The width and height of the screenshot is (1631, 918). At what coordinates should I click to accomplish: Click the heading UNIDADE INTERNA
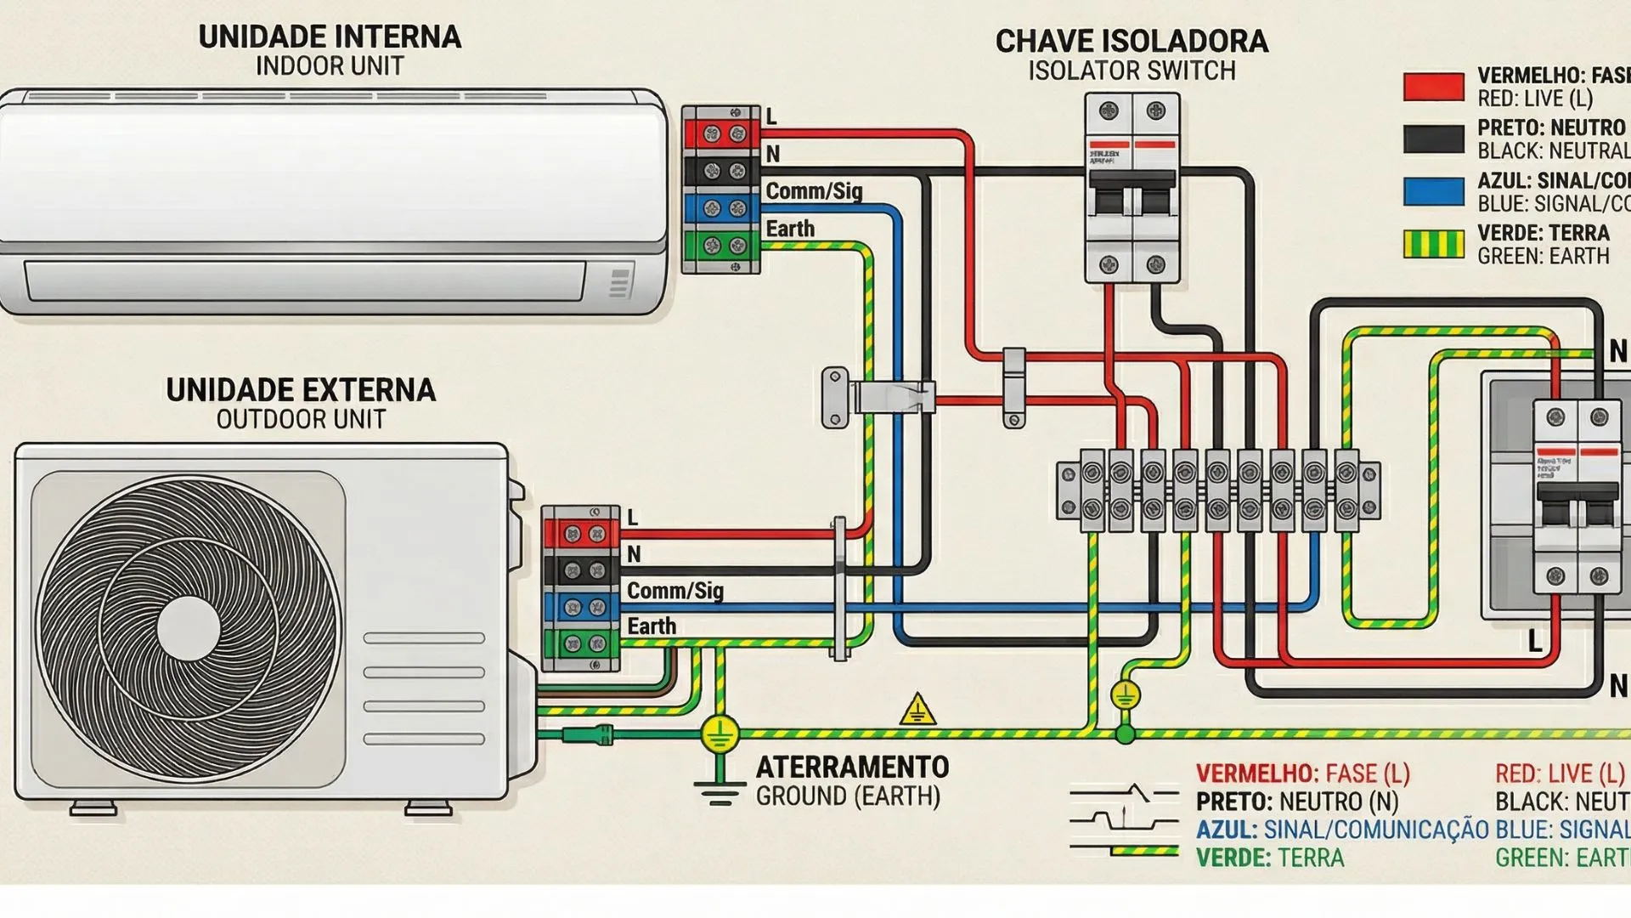tap(330, 37)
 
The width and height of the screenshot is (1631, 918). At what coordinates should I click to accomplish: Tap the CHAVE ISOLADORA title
tap(1131, 42)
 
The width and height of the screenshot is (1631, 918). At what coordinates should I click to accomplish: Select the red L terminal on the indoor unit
tap(722, 133)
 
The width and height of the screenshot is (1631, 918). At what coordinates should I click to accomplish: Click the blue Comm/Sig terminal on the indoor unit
tap(722, 208)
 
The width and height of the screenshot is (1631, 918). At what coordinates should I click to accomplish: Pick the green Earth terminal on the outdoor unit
tap(583, 643)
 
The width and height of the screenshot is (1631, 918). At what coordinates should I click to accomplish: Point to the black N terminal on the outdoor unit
tap(583, 570)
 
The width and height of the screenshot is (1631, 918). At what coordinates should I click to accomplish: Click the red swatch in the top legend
tap(1433, 87)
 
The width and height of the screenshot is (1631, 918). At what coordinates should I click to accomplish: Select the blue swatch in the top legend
tap(1433, 191)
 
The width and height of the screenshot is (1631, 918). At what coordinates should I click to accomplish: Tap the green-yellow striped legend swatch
tap(1433, 244)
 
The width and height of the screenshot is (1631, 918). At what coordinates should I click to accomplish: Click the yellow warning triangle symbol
tap(917, 710)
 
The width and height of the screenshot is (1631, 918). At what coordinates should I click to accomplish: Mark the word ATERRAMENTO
tap(852, 768)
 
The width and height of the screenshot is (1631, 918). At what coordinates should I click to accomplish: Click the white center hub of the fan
tap(189, 627)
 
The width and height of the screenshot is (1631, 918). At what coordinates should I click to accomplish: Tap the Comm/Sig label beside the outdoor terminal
tap(674, 591)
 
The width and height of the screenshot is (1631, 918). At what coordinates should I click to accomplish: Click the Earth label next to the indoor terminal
tap(790, 229)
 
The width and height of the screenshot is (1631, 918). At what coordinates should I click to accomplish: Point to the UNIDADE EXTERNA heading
tap(301, 390)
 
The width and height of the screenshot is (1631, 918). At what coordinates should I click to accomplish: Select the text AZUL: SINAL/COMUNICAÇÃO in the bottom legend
tap(1341, 830)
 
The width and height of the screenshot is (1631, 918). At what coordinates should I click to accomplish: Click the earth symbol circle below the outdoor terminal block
tap(720, 733)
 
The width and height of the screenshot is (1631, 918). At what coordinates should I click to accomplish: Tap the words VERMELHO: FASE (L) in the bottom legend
tap(1302, 773)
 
